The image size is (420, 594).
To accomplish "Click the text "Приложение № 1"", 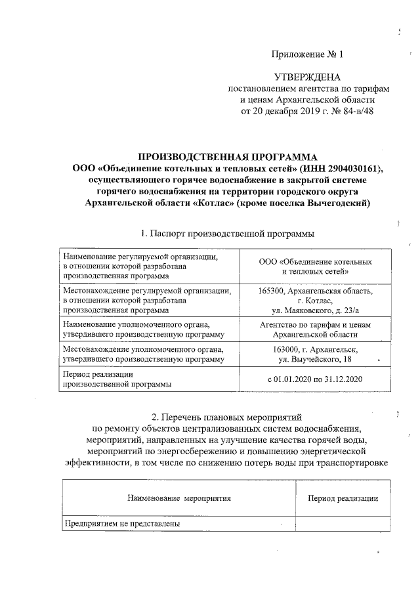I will (x=307, y=53).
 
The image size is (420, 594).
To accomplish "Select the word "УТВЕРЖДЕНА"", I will (x=307, y=77).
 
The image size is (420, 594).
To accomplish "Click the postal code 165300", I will (x=275, y=291).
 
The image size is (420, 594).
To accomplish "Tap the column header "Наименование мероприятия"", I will (x=179, y=498).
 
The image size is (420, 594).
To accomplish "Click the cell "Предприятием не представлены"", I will (x=121, y=523).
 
